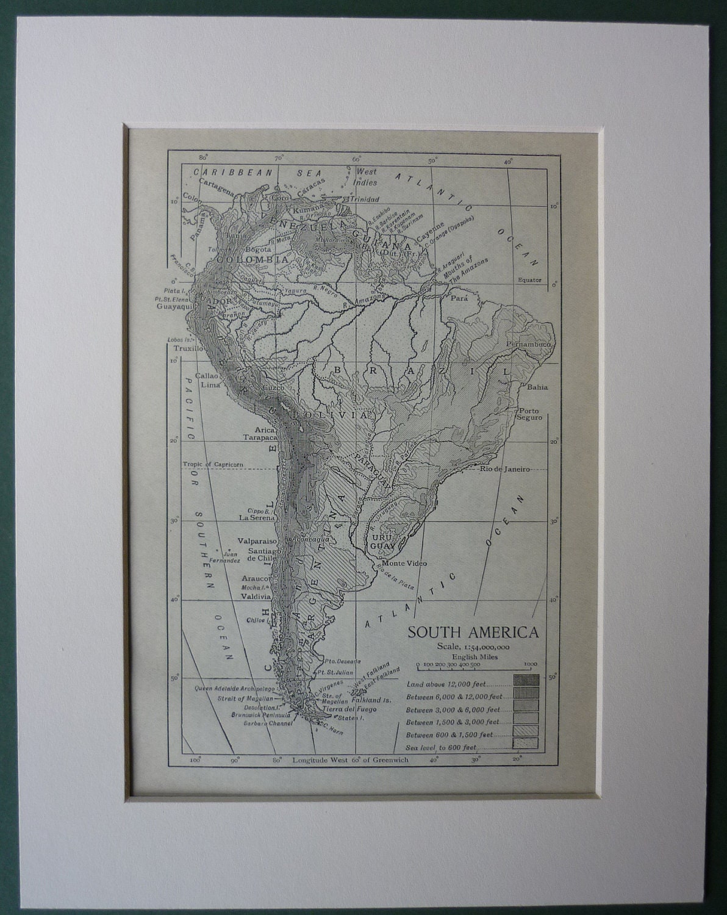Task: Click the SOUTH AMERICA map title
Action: coord(473,631)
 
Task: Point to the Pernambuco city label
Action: coord(529,345)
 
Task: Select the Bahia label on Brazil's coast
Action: coord(537,387)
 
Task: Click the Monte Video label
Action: coord(404,563)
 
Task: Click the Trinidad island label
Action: coord(364,199)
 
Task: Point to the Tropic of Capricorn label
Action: coord(213,464)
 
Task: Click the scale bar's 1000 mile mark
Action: coord(529,664)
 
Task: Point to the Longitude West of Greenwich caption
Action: coord(350,760)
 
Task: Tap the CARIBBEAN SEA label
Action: coord(249,173)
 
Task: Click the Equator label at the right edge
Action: coord(529,280)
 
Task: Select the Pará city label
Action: coord(458,299)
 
